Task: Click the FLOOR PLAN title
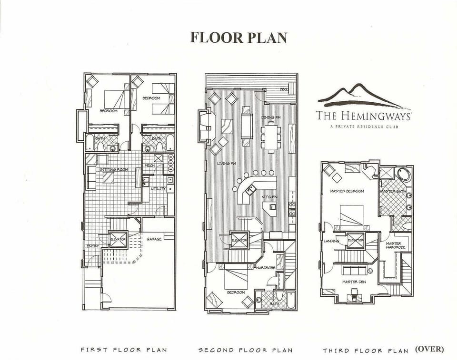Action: pyautogui.click(x=238, y=38)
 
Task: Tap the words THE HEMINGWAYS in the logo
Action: pyautogui.click(x=364, y=115)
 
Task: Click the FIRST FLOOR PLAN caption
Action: pyautogui.click(x=124, y=350)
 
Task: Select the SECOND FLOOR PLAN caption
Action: pyautogui.click(x=246, y=350)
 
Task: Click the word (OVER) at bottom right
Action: pyautogui.click(x=429, y=349)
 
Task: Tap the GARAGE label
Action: pyautogui.click(x=154, y=239)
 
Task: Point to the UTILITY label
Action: pyautogui.click(x=159, y=188)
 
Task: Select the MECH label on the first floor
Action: pyautogui.click(x=149, y=166)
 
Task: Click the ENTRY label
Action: pyautogui.click(x=92, y=246)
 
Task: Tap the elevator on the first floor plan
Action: pyautogui.click(x=118, y=239)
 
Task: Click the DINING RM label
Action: pyautogui.click(x=271, y=117)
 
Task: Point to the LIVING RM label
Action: pyautogui.click(x=227, y=164)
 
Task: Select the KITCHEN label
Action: pyautogui.click(x=269, y=197)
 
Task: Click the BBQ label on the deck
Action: pyautogui.click(x=284, y=89)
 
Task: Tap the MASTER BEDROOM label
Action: pyautogui.click(x=347, y=191)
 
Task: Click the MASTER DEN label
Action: pyautogui.click(x=354, y=282)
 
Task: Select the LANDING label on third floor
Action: pyautogui.click(x=331, y=241)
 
